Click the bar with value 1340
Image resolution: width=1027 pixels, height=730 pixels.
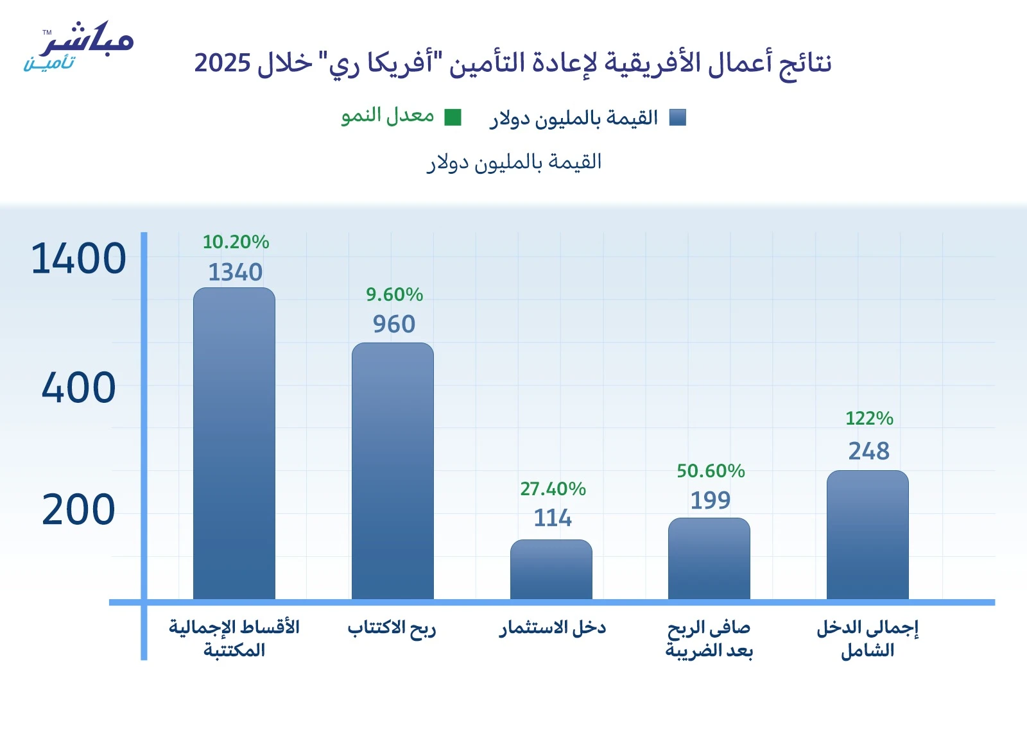234,443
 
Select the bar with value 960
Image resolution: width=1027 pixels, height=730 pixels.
393,471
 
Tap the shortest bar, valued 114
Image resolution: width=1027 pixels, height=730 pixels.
551,570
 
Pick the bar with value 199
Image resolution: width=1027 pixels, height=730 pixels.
709,559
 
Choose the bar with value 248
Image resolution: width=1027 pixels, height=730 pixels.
868,535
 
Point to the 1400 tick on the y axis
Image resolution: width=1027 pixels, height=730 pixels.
78,259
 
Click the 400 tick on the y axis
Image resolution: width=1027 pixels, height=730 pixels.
78,388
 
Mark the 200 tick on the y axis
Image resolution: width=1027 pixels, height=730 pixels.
78,510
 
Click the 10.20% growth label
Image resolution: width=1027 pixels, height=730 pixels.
236,242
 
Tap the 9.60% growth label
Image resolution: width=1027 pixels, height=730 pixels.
394,294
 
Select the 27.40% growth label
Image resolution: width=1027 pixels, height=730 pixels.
553,489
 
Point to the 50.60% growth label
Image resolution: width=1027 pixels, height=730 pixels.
711,471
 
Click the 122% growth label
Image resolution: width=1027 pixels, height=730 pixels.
869,418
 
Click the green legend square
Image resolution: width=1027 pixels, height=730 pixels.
453,117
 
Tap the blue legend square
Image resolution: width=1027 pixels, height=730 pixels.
678,117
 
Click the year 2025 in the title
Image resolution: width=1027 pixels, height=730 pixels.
222,63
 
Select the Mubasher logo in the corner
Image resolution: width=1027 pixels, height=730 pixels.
78,46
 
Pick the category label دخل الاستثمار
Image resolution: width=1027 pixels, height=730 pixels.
553,627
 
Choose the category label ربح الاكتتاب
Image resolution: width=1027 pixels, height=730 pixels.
392,627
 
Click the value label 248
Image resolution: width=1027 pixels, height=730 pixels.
869,451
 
